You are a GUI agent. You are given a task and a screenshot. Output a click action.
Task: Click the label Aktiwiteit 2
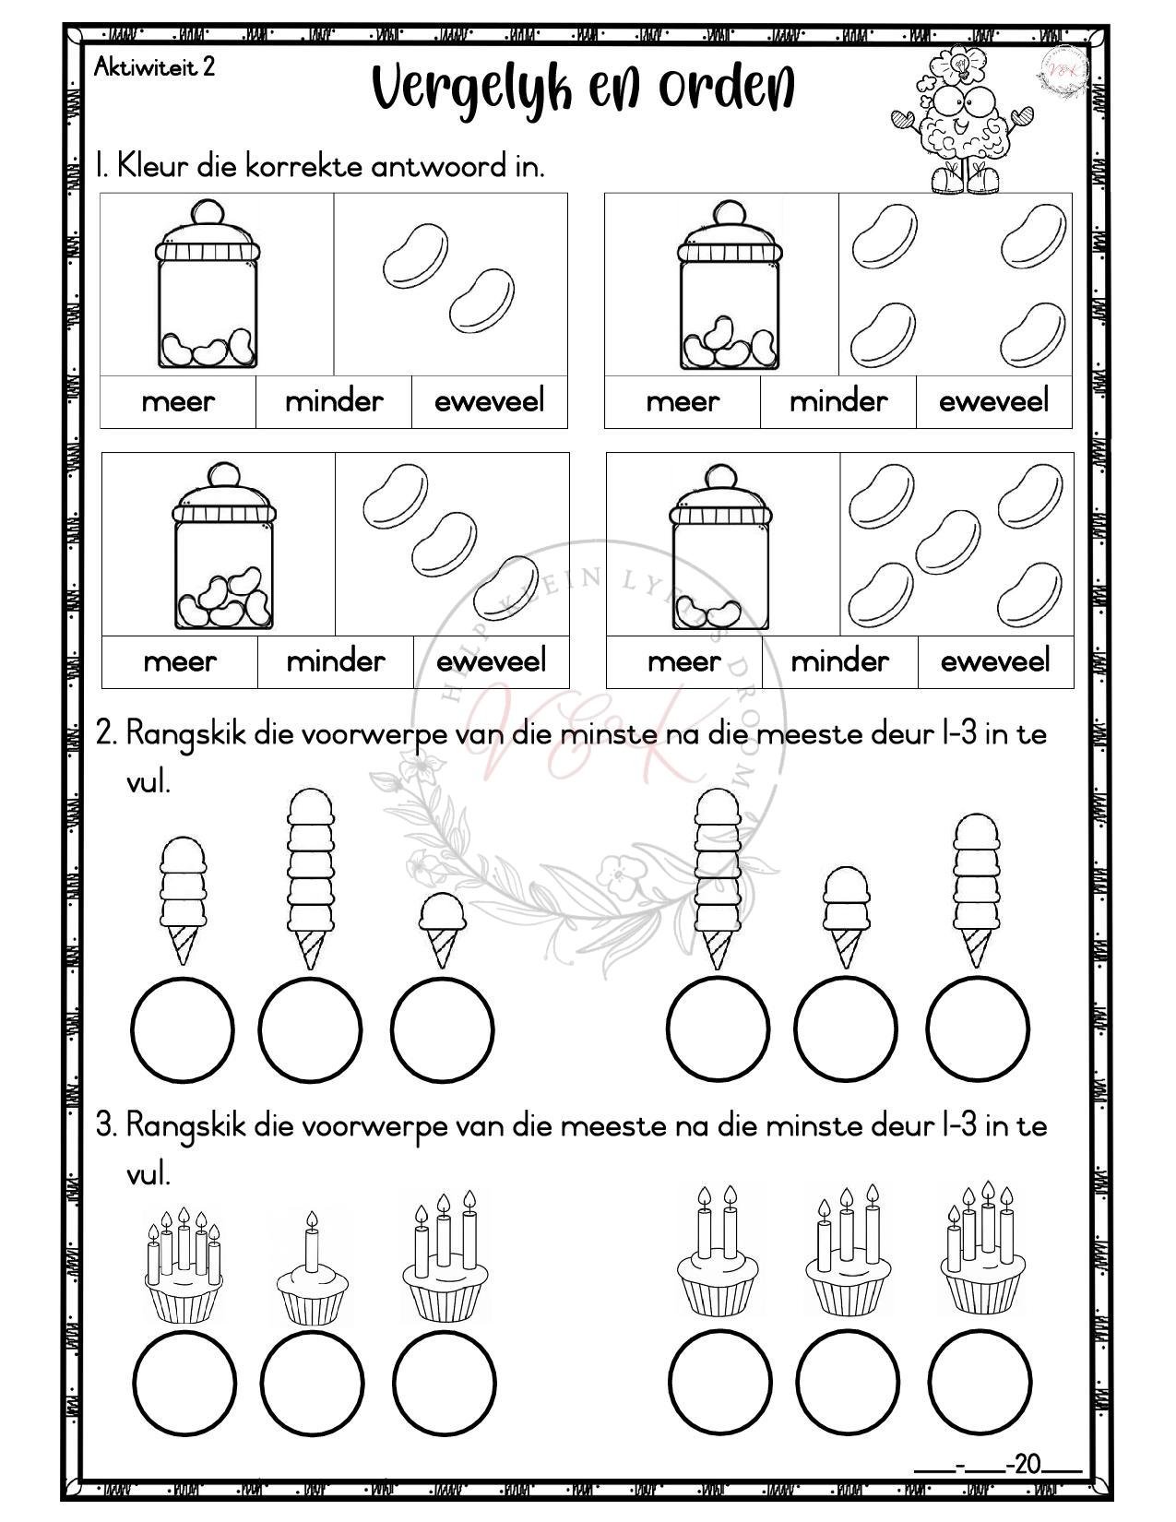[155, 67]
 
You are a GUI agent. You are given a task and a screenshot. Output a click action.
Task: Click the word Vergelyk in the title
[470, 90]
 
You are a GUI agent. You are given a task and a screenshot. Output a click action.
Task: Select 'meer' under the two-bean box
[178, 401]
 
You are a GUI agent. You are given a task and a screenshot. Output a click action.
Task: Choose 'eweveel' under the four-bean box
[993, 401]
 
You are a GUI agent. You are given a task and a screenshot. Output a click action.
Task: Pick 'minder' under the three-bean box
[336, 661]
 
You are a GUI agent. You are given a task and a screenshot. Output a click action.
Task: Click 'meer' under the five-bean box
[683, 661]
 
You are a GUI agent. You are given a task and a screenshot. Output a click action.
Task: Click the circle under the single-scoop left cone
[442, 1029]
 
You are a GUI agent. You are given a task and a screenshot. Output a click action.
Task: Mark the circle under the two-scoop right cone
[846, 1029]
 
